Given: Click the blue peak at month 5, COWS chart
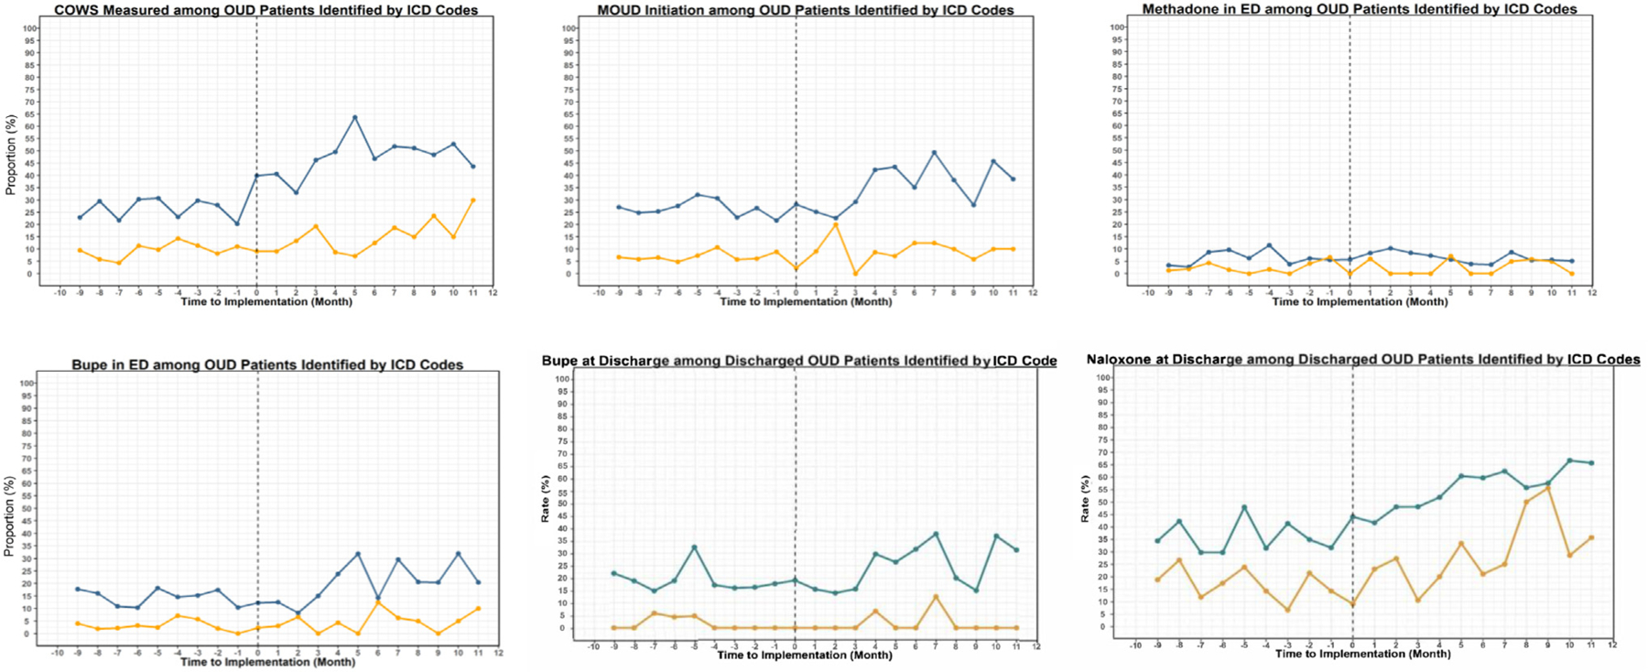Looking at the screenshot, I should tap(355, 117).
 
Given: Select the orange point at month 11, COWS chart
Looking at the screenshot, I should tap(472, 201).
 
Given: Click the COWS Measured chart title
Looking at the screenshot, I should tap(266, 10).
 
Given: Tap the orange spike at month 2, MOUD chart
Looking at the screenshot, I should tap(836, 225).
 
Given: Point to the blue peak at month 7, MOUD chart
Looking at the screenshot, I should tap(934, 153).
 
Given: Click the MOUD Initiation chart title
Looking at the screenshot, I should tap(805, 10).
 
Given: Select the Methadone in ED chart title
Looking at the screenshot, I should tap(1360, 9).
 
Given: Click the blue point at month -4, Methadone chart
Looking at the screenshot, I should tap(1269, 245).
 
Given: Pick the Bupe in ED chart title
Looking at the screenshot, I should tap(267, 364).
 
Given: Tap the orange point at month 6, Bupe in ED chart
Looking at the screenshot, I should tap(378, 602).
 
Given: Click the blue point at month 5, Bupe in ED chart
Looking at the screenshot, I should tap(358, 554).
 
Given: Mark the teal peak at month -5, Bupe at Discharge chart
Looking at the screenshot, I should tap(695, 547).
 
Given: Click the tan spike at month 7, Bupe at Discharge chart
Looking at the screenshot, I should tap(936, 597).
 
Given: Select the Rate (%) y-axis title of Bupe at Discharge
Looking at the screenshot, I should tap(546, 499).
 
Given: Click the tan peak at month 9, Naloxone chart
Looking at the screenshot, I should tap(1548, 488).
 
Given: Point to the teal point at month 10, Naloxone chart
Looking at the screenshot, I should tap(1570, 461).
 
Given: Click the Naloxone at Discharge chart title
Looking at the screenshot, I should tap(1363, 360).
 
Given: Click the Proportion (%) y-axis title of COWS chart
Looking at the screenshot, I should tap(11, 155).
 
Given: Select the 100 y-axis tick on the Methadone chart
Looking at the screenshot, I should tap(1117, 27).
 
